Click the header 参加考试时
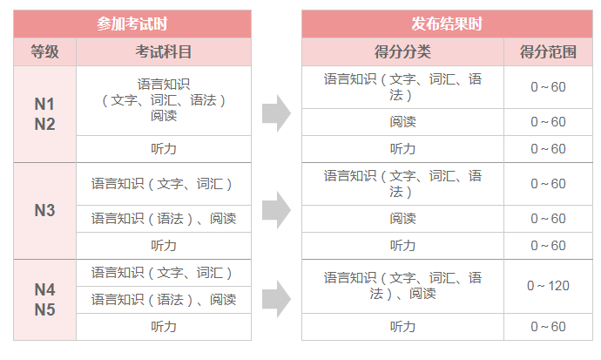click(x=132, y=24)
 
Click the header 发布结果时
click(x=447, y=24)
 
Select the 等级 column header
click(x=44, y=51)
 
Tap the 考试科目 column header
click(x=164, y=51)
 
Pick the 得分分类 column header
click(x=402, y=51)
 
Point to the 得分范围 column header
click(x=548, y=51)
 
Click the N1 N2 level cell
click(x=44, y=114)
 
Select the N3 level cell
click(x=44, y=210)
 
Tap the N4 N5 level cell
click(x=44, y=300)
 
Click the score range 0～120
click(x=548, y=286)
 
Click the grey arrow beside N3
click(x=276, y=210)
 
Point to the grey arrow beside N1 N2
click(x=276, y=113)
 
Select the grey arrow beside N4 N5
click(x=276, y=299)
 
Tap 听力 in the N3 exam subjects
click(x=164, y=245)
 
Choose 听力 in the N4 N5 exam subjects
click(x=164, y=327)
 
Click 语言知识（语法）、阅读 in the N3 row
click(x=164, y=219)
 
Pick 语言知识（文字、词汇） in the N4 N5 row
click(x=161, y=273)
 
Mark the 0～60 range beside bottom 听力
click(x=548, y=327)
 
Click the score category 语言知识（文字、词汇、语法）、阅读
click(x=402, y=286)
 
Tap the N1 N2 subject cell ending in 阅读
click(x=164, y=100)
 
